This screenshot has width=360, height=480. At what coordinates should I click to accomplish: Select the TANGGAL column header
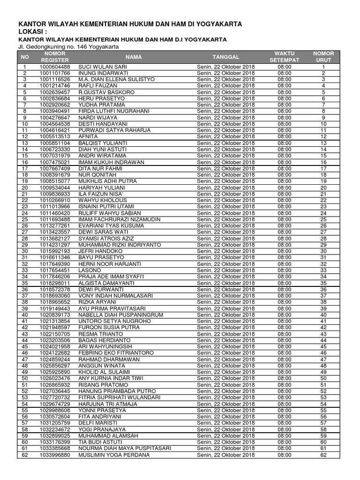tap(225, 57)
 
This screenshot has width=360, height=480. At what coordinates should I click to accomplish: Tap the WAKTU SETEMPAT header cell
tap(284, 57)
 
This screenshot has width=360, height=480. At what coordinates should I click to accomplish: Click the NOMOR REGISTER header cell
tap(54, 57)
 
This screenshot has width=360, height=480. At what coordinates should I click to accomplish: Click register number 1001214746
tap(55, 86)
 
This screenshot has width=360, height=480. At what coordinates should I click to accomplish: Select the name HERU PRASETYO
tap(97, 99)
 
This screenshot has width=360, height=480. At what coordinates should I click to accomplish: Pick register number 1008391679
tap(55, 175)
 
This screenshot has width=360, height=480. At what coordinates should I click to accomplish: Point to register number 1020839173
tap(55, 315)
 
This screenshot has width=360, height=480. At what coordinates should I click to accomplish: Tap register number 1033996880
tap(55, 455)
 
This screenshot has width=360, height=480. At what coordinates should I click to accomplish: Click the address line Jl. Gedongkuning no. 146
tap(68, 47)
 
